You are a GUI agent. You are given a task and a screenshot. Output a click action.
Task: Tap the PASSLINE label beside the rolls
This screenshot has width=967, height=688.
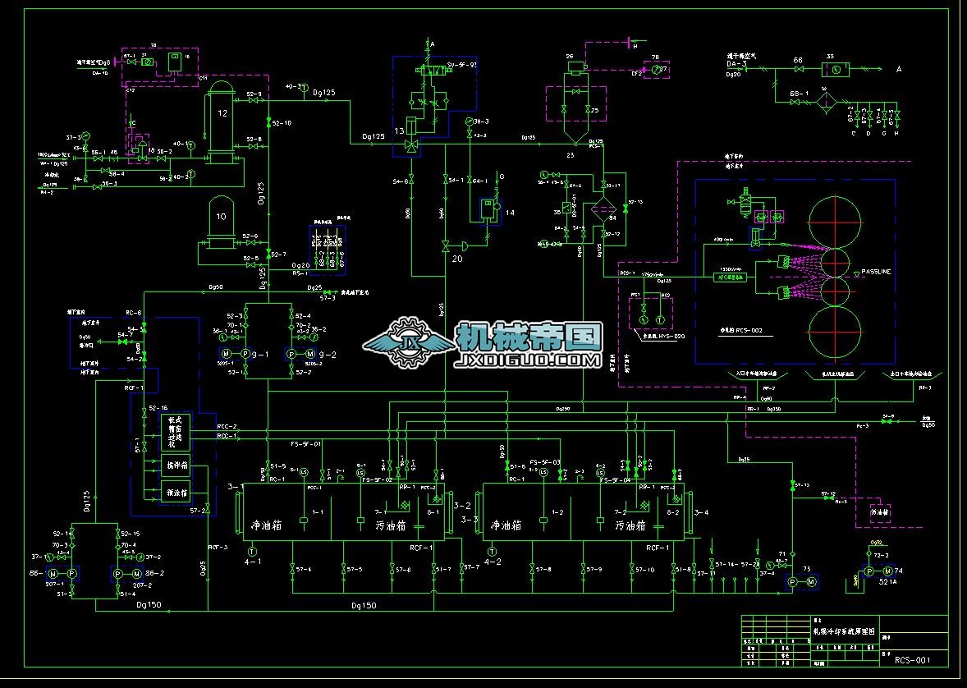[x=876, y=271]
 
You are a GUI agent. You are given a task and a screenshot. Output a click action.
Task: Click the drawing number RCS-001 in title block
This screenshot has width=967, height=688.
[x=912, y=659]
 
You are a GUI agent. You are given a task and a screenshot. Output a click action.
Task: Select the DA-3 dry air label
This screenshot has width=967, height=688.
[x=736, y=63]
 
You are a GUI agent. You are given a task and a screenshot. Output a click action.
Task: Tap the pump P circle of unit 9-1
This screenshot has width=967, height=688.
[x=245, y=354]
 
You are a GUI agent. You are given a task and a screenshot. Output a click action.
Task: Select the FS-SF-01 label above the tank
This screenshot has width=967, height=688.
[x=305, y=443]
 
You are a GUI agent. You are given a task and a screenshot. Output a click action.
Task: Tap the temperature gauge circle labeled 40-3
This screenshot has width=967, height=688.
[x=305, y=87]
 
